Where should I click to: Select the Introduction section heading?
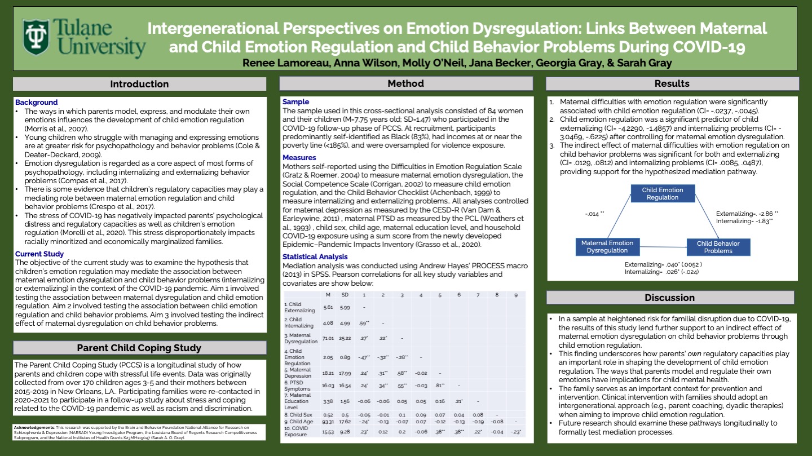(x=139, y=84)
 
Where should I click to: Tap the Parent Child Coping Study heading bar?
(x=139, y=348)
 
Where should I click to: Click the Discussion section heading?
(x=669, y=298)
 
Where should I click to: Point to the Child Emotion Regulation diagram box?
(x=663, y=193)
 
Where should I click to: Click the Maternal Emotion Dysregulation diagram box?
(x=607, y=247)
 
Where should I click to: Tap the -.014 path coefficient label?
(x=594, y=214)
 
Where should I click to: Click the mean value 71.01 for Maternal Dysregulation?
(x=328, y=339)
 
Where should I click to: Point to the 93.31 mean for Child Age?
(x=328, y=422)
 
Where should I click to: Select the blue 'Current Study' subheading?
(x=40, y=254)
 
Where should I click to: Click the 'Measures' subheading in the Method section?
(x=299, y=158)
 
